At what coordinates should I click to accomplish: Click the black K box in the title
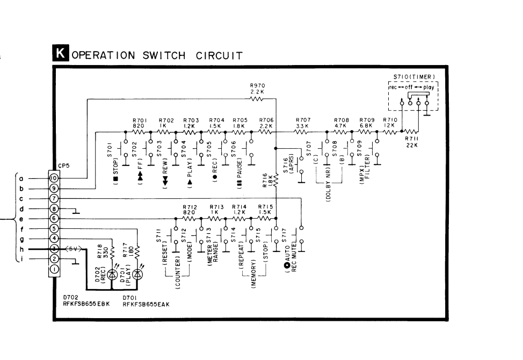(61, 54)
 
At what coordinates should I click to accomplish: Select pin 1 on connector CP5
(54, 269)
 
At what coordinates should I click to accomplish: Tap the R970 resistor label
(257, 85)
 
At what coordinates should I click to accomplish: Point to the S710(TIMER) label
(413, 77)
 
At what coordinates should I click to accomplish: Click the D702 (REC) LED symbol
(112, 274)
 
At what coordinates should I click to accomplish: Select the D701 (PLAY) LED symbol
(138, 274)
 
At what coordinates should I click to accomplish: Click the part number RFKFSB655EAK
(146, 304)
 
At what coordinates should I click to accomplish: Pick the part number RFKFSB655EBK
(86, 304)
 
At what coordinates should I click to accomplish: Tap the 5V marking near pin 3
(70, 249)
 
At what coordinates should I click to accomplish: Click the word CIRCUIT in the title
(216, 55)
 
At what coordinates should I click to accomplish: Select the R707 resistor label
(303, 120)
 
